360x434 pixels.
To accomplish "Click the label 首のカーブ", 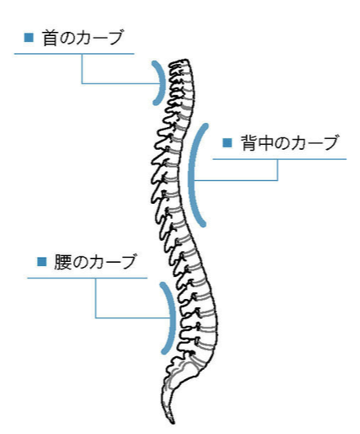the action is [x=83, y=38].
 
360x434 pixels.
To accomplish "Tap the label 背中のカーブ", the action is [x=290, y=142].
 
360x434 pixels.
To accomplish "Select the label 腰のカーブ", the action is [x=95, y=262].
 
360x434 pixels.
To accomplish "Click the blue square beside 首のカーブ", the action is [x=29, y=38].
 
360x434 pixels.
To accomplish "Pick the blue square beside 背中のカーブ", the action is [x=227, y=142].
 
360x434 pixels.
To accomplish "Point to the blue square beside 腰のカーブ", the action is [x=42, y=261].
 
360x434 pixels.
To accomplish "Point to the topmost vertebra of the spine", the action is [x=180, y=64].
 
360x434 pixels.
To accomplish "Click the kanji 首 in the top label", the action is [x=50, y=38].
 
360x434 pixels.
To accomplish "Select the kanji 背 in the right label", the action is [x=249, y=143].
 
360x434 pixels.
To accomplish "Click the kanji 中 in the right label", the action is [x=265, y=143].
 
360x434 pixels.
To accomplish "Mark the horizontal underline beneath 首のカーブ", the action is [x=74, y=54].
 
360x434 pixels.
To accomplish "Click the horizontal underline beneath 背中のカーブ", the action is [x=280, y=159].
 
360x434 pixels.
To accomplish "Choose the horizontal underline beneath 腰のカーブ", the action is [x=87, y=278].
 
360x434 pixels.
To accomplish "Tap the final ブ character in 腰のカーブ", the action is [x=128, y=262].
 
